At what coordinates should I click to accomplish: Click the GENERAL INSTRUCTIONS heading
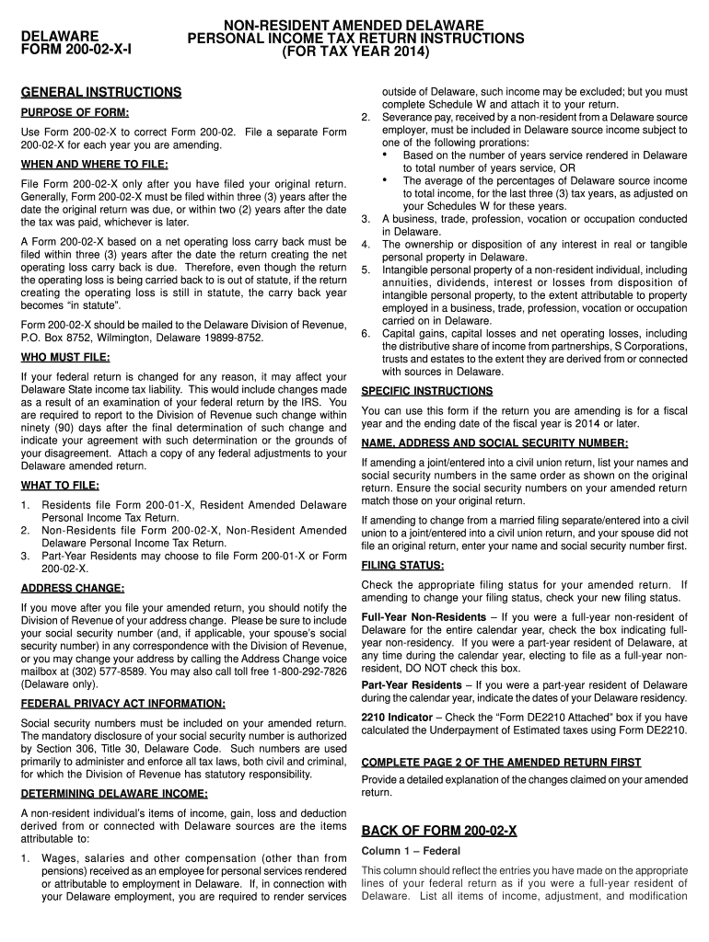[101, 93]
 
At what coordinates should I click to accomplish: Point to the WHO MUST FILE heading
[64, 357]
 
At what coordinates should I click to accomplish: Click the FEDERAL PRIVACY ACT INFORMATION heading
[122, 704]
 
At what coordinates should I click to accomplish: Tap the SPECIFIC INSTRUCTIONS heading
[426, 391]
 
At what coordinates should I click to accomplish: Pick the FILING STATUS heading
[402, 565]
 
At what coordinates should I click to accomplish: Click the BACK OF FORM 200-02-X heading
[439, 831]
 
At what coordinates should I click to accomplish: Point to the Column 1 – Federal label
[407, 851]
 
